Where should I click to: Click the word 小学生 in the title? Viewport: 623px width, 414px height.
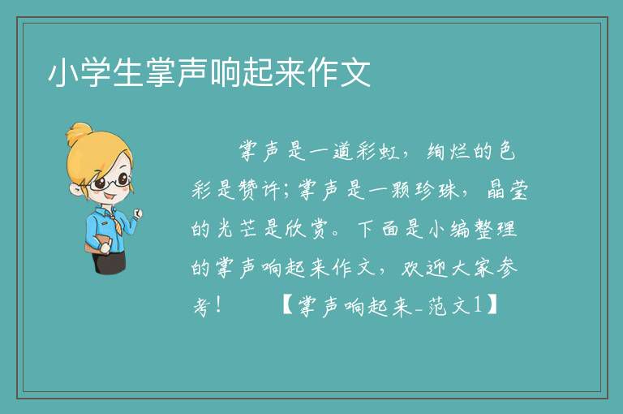(96, 73)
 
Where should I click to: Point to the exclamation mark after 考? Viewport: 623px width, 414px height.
(219, 305)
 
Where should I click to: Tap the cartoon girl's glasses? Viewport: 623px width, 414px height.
(110, 182)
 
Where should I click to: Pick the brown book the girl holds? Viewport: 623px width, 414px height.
(97, 244)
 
